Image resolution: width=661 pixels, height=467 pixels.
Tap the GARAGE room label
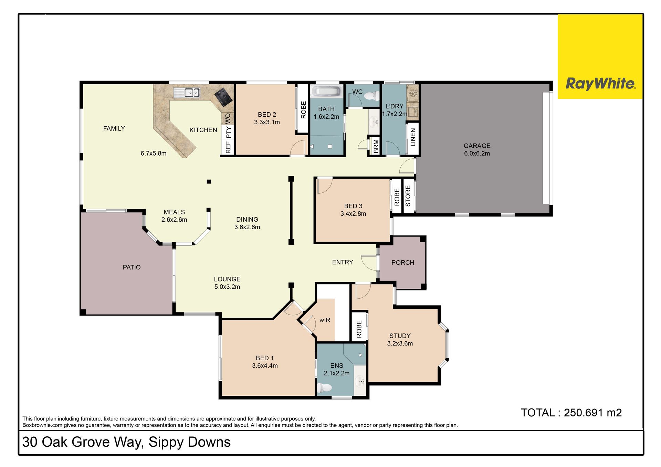[477, 146]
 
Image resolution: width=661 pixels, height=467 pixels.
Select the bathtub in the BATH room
[326, 91]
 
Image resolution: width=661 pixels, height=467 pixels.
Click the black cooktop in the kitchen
[224, 97]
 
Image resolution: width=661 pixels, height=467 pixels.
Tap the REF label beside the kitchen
[228, 147]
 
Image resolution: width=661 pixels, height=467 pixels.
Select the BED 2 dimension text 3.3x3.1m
[267, 122]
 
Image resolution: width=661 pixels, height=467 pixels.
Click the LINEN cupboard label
[413, 137]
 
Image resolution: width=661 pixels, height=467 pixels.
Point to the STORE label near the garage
[408, 196]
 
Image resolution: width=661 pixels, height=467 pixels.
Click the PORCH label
[403, 263]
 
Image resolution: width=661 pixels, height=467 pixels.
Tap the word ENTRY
[343, 262]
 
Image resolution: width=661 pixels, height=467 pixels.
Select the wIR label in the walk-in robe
[325, 320]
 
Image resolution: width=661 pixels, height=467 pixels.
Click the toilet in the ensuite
[324, 388]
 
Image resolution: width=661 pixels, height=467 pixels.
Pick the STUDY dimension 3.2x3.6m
[400, 343]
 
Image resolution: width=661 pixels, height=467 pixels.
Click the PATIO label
[132, 267]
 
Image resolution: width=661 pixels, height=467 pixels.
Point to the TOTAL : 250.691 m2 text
[571, 413]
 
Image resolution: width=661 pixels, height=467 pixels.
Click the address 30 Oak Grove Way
[83, 442]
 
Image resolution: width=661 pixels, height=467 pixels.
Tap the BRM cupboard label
[376, 146]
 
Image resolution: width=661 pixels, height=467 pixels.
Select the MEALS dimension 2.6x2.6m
[174, 220]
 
